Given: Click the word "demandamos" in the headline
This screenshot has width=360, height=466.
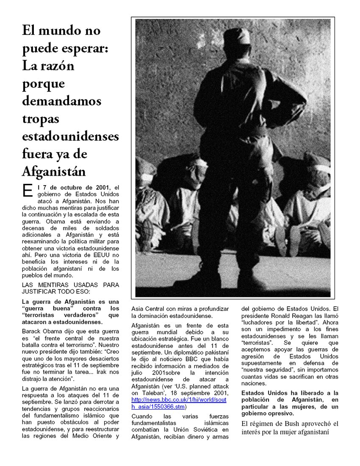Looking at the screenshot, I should point(61,101).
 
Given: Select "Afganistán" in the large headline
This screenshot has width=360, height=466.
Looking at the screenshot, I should point(54,172).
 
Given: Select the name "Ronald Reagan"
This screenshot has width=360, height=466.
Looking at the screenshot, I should point(281,316).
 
